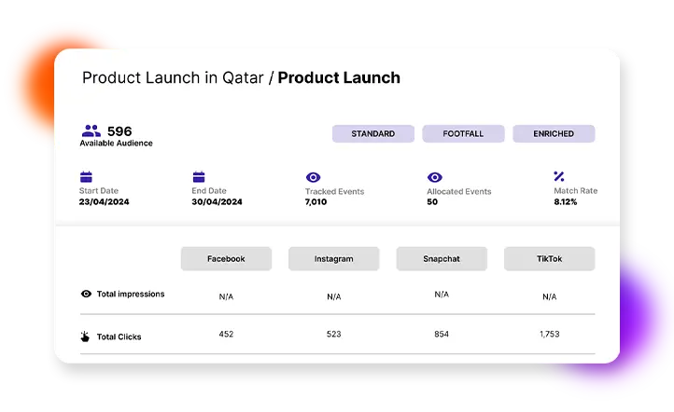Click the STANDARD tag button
372,133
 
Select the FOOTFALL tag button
463,133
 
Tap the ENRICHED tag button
554,133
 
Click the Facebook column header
226,258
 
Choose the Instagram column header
333,258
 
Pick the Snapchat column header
442,258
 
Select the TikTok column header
549,258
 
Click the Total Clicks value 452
226,334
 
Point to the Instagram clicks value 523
333,334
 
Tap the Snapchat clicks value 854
442,334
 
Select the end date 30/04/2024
217,201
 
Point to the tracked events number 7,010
316,201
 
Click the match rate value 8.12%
566,201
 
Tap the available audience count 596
119,131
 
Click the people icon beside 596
91,131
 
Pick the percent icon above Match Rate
559,176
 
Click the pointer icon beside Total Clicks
86,336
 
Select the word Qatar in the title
244,77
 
